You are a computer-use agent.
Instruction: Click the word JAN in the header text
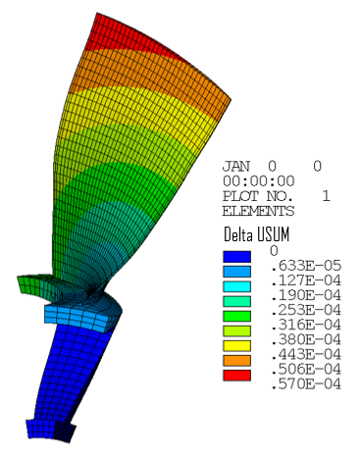pos(238,167)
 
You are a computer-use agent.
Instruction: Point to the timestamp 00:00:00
pos(258,181)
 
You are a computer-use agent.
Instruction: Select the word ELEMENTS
pos(258,210)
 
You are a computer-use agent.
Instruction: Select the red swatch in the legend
pos(240,375)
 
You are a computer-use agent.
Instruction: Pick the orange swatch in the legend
pos(240,361)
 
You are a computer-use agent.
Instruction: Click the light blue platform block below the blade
pos(74,317)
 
